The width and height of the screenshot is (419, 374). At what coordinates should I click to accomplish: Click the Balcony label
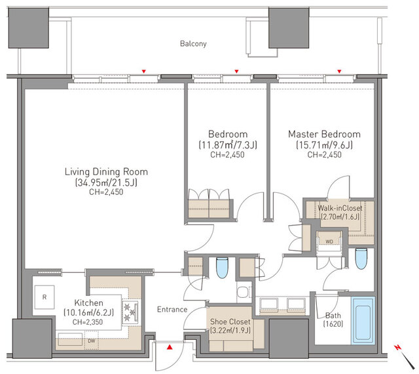(x=193, y=44)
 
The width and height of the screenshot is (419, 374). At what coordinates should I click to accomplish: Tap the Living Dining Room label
(x=106, y=172)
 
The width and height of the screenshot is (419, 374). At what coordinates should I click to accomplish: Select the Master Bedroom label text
(x=325, y=135)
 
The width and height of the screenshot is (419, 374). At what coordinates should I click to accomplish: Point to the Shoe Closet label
(x=230, y=322)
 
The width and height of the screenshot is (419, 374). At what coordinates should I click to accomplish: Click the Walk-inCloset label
(x=340, y=208)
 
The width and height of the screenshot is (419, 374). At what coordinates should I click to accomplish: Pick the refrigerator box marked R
(x=45, y=297)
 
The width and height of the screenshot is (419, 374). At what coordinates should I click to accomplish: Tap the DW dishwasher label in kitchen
(x=92, y=341)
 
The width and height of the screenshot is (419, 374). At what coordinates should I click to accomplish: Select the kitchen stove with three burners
(x=130, y=312)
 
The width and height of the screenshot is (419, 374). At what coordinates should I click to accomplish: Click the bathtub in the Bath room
(x=363, y=320)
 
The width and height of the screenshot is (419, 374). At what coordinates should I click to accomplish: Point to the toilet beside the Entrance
(x=222, y=268)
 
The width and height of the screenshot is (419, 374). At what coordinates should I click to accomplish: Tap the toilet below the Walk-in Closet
(x=361, y=259)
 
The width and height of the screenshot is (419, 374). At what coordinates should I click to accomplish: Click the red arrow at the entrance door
(x=170, y=347)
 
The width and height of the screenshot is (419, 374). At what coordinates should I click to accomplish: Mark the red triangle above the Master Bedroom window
(x=339, y=72)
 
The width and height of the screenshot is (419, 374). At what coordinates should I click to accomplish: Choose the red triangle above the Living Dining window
(x=144, y=72)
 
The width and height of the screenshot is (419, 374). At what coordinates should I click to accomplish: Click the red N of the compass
(x=398, y=348)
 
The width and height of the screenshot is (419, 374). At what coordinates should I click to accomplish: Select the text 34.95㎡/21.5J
(x=106, y=182)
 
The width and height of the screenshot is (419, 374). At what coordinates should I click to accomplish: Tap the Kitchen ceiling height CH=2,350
(x=88, y=322)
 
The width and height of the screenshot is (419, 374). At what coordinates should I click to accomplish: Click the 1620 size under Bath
(x=333, y=324)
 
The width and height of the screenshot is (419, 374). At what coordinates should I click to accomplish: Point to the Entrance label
(x=172, y=310)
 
